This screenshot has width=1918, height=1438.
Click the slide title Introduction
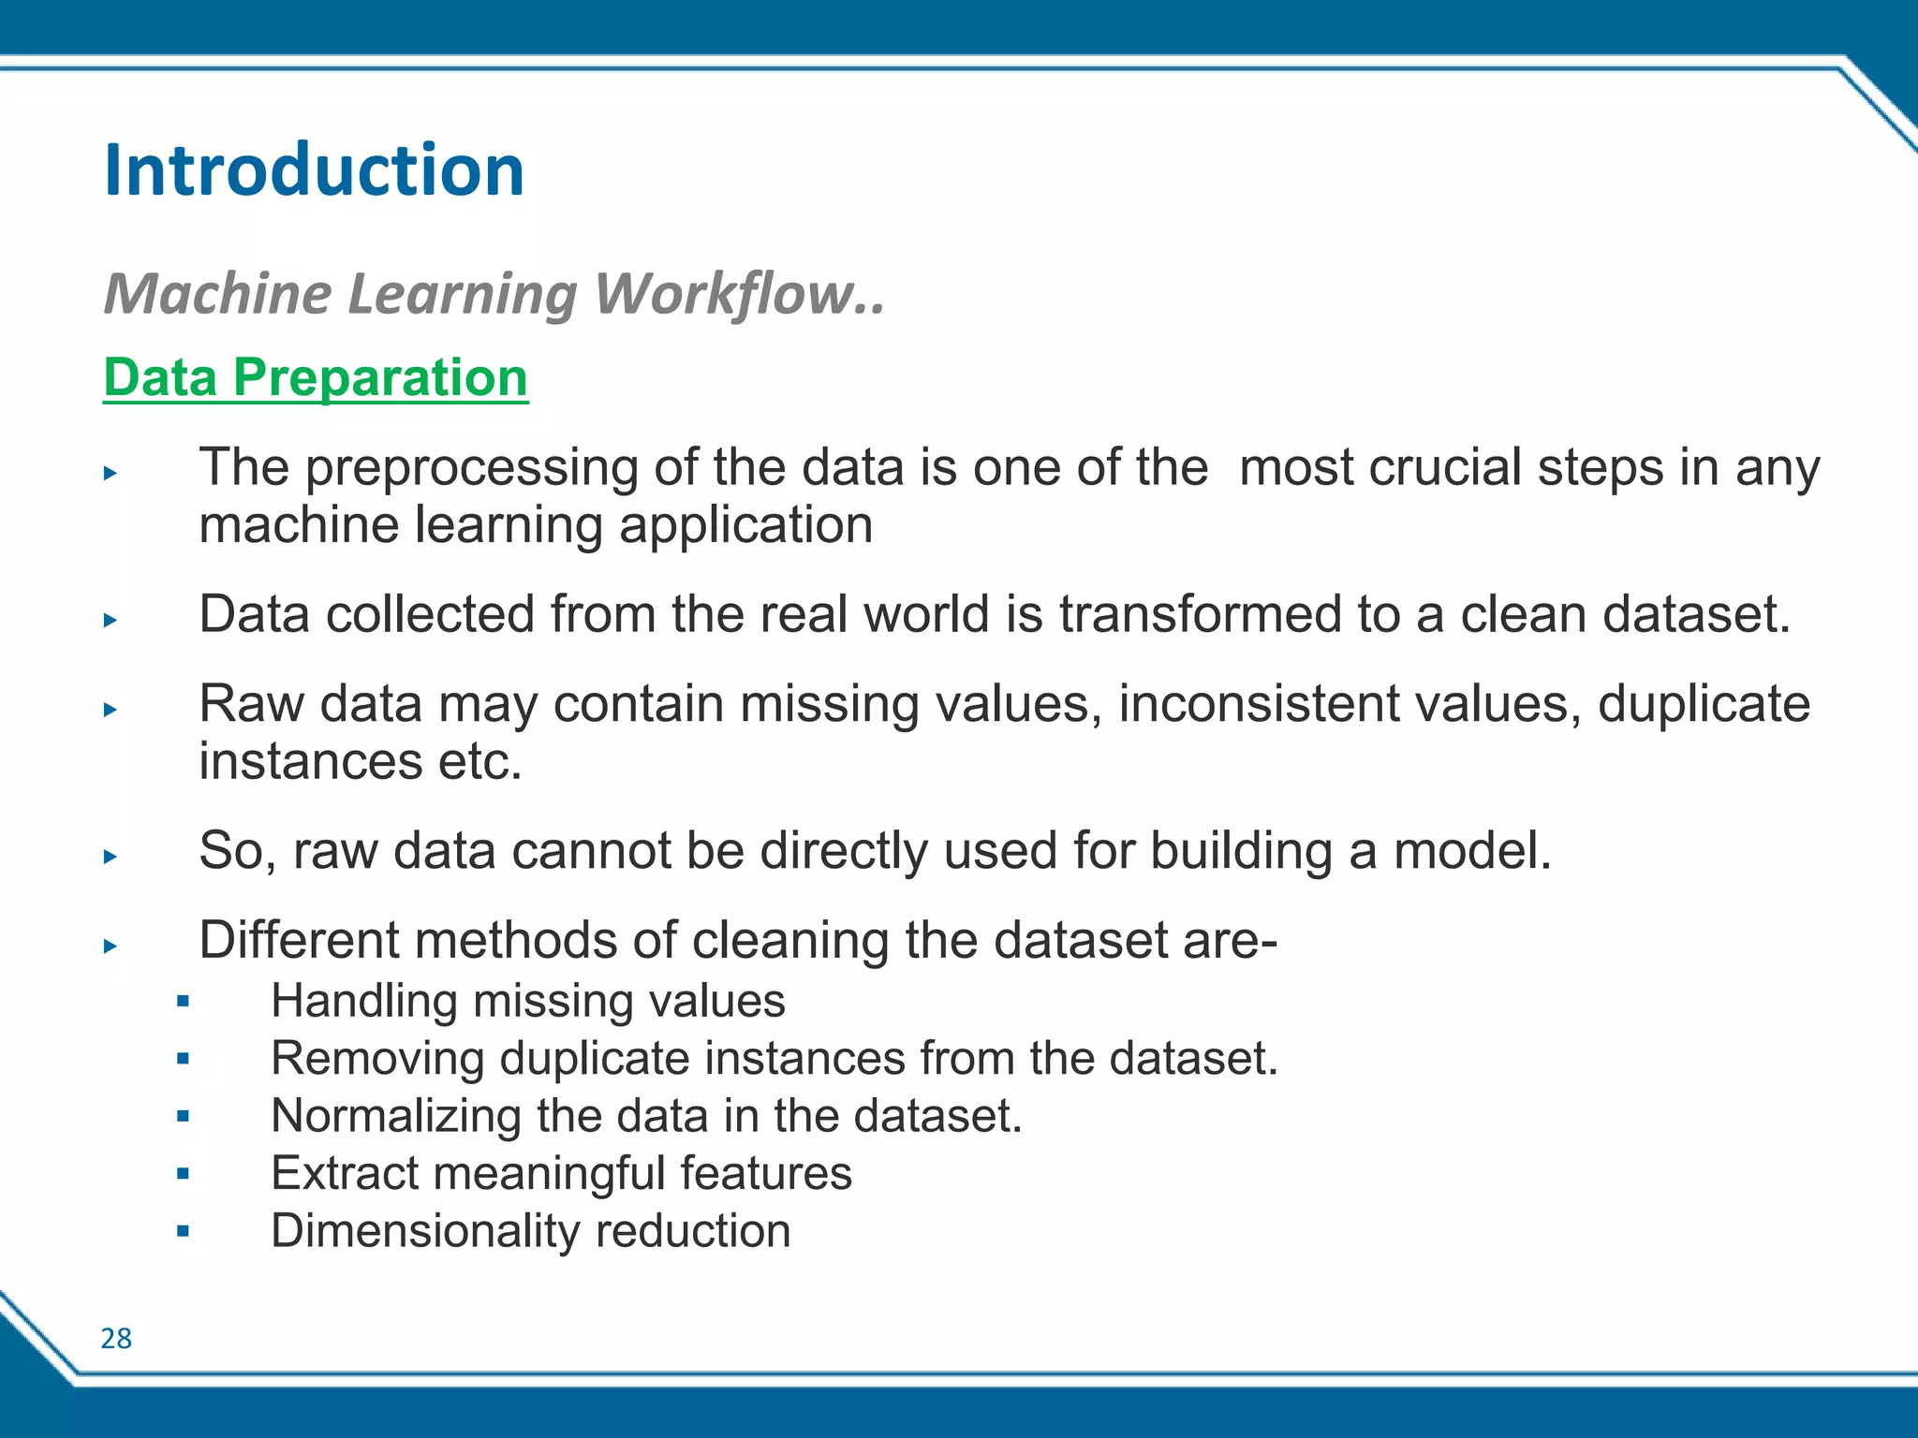point(314,170)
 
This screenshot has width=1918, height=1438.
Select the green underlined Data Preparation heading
point(316,377)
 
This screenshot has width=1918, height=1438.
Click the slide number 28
point(116,1339)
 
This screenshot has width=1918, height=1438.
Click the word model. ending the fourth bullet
point(1472,851)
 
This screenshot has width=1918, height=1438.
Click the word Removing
point(376,1059)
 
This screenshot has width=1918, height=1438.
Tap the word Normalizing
point(395,1116)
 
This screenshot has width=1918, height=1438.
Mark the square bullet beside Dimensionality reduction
point(183,1231)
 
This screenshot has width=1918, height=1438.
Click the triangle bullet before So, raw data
point(111,856)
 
